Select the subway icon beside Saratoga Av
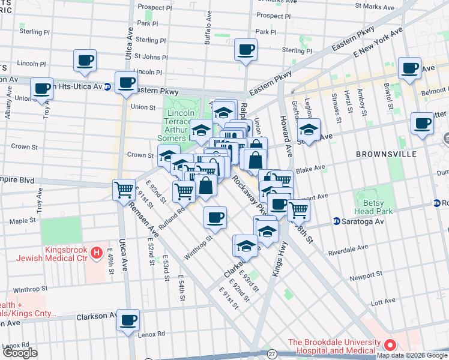click(x=337, y=220)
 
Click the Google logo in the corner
click(x=20, y=353)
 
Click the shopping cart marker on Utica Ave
click(x=124, y=189)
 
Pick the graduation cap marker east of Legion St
click(x=309, y=129)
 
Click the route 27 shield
click(x=273, y=355)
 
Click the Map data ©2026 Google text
click(x=412, y=355)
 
